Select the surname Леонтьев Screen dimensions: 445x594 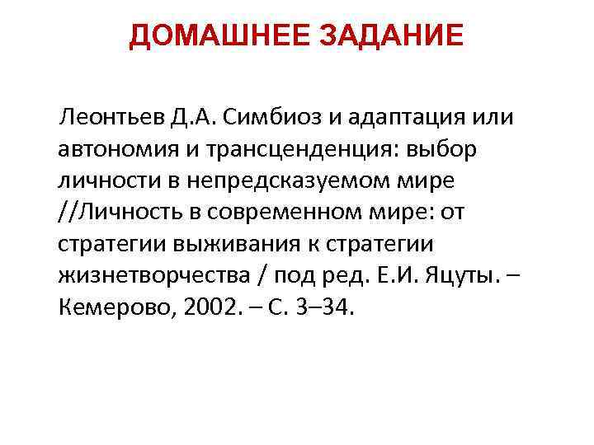tap(110, 118)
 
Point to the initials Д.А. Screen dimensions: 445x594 tap(195, 118)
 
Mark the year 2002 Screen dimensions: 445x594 tap(217, 307)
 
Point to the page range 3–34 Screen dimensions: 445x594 tap(329, 307)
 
